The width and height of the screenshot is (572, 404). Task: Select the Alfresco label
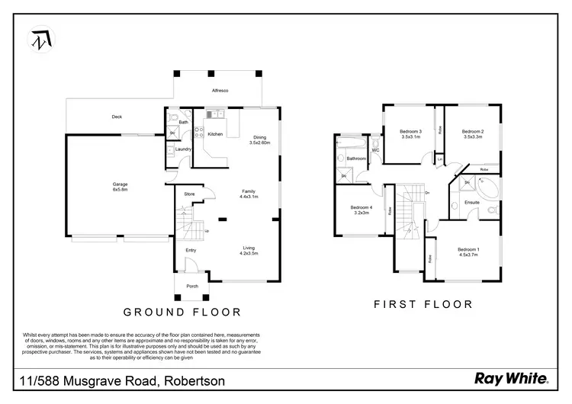(220, 91)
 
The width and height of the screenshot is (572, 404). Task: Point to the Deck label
(117, 117)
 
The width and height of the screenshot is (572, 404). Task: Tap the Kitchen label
(216, 134)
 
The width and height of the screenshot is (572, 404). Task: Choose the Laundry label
(183, 149)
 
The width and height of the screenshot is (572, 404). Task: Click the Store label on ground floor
(189, 194)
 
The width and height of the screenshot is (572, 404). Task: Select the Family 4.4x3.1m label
(249, 194)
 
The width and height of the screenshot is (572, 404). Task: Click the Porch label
(192, 286)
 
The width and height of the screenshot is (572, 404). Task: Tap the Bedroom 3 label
(411, 134)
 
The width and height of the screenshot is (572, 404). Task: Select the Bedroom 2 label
(473, 134)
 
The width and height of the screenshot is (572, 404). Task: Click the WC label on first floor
(375, 150)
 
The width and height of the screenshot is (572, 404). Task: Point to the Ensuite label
(472, 202)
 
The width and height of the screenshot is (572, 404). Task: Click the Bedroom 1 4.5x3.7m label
(468, 252)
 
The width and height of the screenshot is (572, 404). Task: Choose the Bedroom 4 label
(362, 210)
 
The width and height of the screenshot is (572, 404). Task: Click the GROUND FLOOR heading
(183, 312)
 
